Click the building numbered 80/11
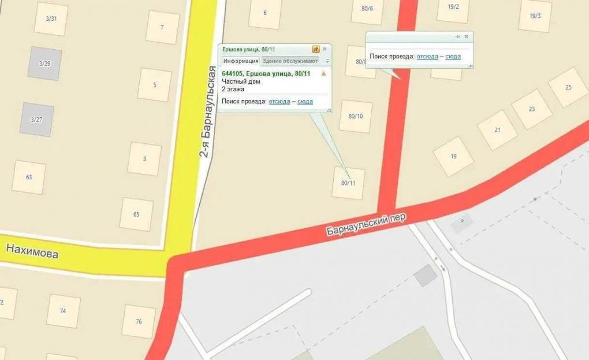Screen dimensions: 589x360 [x=348, y=183]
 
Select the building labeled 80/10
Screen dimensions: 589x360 [x=356, y=116]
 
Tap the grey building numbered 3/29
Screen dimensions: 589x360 [x=44, y=63]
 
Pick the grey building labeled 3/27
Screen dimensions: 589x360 [x=36, y=120]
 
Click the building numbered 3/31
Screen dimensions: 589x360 [x=51, y=18]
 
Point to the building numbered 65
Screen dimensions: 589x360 [x=136, y=214]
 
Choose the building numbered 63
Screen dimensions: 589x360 [x=29, y=177]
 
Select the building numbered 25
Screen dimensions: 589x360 [x=568, y=87]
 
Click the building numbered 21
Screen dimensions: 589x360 [x=497, y=130]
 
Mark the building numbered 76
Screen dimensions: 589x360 [x=139, y=321]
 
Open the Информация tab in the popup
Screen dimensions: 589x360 [x=241, y=61]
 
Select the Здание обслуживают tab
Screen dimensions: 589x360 [x=290, y=61]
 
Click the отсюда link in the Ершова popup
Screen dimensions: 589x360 [x=279, y=101]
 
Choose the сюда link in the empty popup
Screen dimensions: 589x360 [x=453, y=57]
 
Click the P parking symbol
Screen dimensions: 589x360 [x=461, y=222]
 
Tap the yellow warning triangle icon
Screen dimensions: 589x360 [x=323, y=73]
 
